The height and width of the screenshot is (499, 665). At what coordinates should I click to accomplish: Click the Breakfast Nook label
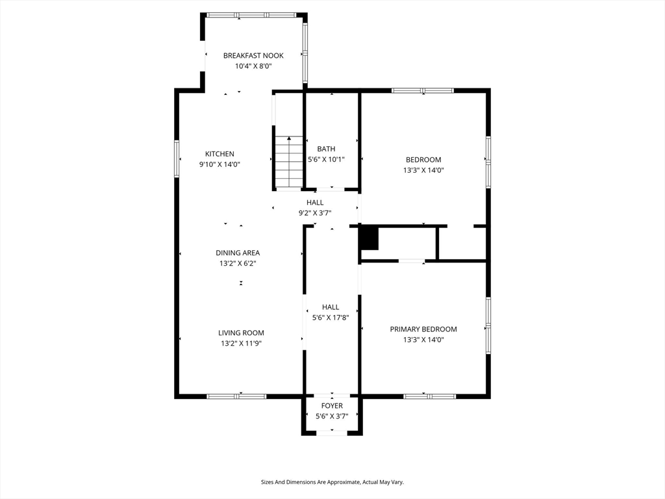click(253, 56)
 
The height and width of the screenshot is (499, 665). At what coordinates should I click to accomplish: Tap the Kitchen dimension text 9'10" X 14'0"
click(220, 164)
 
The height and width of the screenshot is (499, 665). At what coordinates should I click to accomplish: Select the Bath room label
click(326, 149)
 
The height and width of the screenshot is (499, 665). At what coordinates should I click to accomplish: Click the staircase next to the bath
click(289, 162)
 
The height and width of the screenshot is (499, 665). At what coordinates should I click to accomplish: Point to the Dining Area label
click(238, 253)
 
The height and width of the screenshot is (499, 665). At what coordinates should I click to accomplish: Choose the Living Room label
click(241, 333)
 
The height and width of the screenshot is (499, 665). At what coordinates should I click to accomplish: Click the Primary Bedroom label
click(423, 329)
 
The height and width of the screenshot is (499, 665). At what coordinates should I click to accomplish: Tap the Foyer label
click(332, 406)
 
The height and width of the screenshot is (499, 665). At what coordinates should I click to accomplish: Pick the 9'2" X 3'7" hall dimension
click(315, 213)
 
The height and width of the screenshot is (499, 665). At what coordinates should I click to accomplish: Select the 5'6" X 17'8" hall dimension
click(331, 317)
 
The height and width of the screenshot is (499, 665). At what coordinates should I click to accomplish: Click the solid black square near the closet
click(369, 239)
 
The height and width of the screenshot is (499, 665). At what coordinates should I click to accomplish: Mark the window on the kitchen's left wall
click(177, 159)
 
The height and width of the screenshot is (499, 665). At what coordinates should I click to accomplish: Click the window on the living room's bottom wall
click(236, 397)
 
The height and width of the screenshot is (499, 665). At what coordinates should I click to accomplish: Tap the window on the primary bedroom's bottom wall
click(430, 397)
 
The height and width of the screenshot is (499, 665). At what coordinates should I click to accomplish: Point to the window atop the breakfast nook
click(251, 16)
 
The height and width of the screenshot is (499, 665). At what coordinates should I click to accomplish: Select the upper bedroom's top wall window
click(422, 90)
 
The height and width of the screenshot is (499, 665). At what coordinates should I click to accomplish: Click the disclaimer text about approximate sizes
click(332, 482)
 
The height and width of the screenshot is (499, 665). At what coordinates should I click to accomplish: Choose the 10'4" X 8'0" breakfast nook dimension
click(253, 66)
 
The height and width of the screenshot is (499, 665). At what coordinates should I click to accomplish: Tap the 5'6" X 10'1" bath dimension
click(326, 160)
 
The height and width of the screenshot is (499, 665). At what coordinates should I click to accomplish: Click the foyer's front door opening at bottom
click(332, 433)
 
